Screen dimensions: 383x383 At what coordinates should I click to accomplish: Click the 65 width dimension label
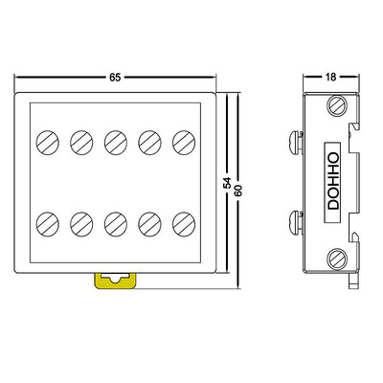(115, 78)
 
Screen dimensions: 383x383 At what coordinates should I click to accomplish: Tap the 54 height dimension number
(227, 183)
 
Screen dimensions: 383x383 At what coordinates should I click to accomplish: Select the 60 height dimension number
(238, 190)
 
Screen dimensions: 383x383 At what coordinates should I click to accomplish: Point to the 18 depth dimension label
(331, 77)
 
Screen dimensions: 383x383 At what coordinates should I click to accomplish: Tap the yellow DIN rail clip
(115, 281)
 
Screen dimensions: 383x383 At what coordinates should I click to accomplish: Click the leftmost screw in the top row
(48, 143)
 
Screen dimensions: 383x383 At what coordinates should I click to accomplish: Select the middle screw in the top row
(116, 143)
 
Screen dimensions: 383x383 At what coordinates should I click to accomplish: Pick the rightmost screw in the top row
(184, 143)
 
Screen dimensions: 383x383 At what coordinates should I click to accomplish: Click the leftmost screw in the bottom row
(48, 224)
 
